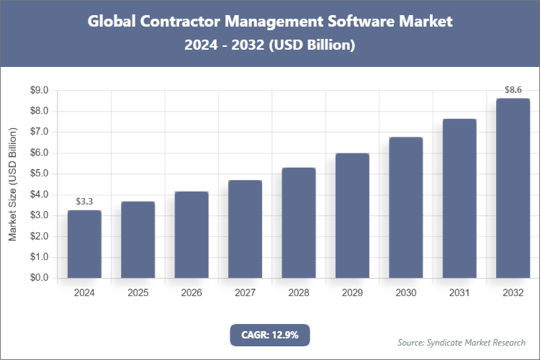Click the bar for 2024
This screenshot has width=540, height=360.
click(85, 244)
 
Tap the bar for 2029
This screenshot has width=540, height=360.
click(352, 215)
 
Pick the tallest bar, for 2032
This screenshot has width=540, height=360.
click(513, 188)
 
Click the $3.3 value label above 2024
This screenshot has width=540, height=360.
click(85, 200)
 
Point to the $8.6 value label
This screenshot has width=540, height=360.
click(513, 90)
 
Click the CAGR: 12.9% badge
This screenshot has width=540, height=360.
click(269, 334)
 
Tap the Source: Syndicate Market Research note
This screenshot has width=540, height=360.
click(462, 342)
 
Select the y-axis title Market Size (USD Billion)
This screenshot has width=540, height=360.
click(12, 184)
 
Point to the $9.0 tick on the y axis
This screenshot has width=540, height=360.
click(37, 91)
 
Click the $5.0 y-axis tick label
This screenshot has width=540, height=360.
click(37, 174)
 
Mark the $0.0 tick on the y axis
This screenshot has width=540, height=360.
click(37, 278)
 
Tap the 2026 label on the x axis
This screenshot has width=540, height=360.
click(192, 293)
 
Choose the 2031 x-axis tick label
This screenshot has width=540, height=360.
click(459, 293)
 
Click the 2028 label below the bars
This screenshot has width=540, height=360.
click(298, 293)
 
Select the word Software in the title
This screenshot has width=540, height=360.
click(354, 22)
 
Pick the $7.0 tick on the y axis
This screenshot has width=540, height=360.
click(37, 132)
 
